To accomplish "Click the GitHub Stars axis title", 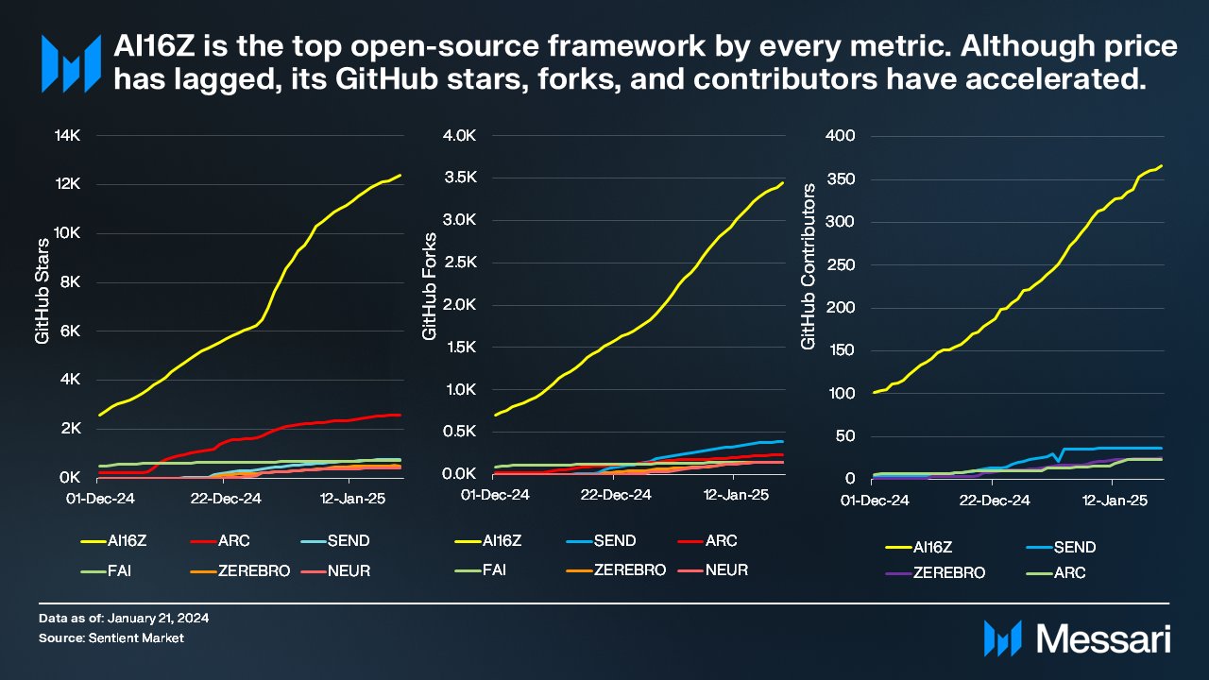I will click(x=43, y=304).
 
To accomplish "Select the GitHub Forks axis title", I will click(x=429, y=285).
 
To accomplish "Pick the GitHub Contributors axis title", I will click(x=808, y=267).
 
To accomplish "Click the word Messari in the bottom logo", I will click(x=1103, y=637).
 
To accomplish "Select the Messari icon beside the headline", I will click(x=70, y=64).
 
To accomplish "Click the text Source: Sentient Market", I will click(x=111, y=638).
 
